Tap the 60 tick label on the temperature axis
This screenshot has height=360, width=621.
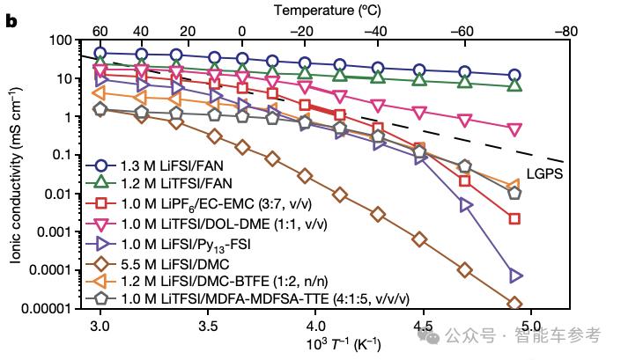point(101,29)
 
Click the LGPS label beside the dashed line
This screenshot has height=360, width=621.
point(545,173)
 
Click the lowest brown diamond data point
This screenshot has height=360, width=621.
point(515,304)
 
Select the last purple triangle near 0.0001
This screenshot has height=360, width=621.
point(515,276)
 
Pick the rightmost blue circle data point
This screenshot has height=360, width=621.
point(515,76)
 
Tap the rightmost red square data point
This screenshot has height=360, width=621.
point(515,218)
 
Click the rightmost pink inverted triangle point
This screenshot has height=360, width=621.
point(515,129)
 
